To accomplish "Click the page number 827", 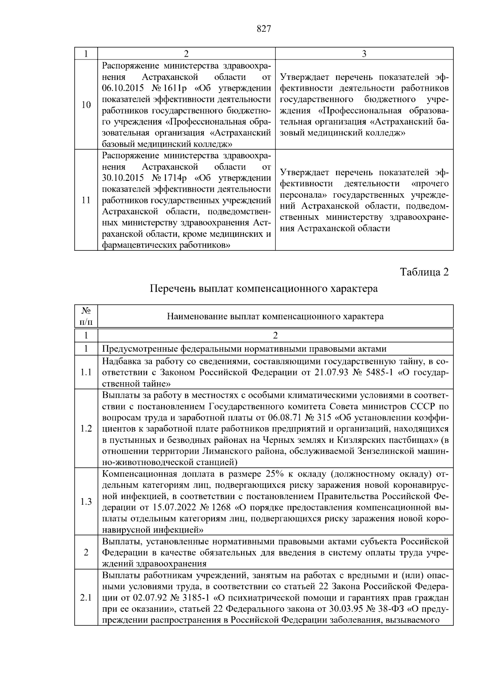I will [263, 29].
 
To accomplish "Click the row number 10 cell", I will [86, 105].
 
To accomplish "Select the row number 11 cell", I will [86, 200].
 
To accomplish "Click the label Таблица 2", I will [424, 272].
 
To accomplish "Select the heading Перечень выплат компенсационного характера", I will [263, 289].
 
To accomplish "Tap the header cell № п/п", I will [86, 316].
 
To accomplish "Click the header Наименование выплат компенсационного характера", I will [275, 316].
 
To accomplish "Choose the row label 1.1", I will [86, 372].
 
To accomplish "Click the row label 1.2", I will [86, 428].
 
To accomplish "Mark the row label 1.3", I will [86, 502].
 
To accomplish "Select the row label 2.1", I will [86, 598].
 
